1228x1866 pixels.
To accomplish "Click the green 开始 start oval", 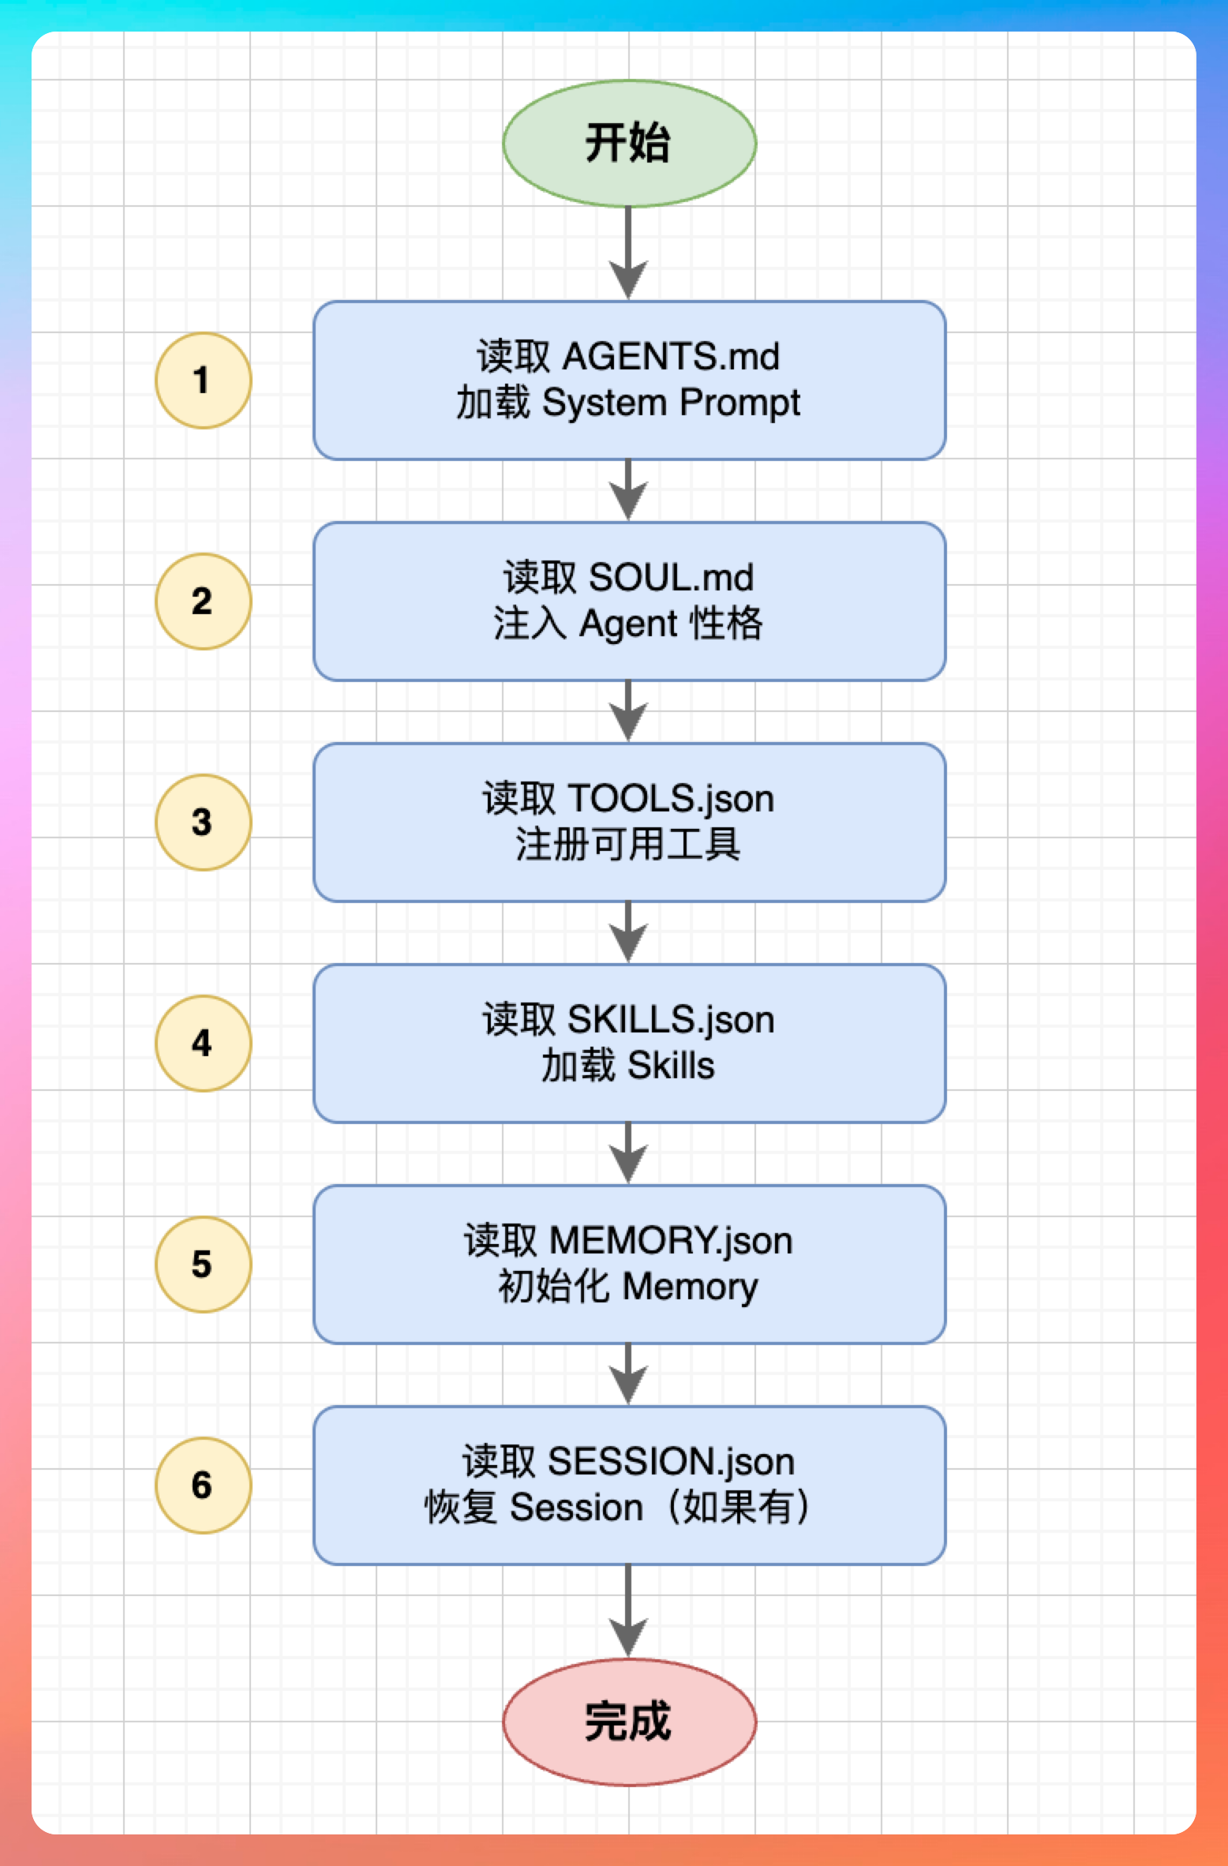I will [x=629, y=144].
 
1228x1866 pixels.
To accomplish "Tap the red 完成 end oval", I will [x=629, y=1722].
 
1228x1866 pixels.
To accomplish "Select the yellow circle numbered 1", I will [x=203, y=380].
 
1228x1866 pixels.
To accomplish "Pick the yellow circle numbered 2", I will [x=203, y=601].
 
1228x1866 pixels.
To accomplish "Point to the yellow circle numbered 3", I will [x=203, y=822].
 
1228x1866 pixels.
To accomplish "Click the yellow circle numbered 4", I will [x=203, y=1044].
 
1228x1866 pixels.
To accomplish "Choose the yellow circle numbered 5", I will [x=203, y=1265].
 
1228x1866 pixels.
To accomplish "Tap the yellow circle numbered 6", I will [x=203, y=1486].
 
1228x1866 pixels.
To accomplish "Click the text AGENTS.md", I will [x=670, y=357].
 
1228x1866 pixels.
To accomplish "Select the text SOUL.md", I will [x=671, y=578].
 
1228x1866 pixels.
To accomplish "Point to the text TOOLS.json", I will [x=670, y=799].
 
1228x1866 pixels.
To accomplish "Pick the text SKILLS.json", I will [x=670, y=1020].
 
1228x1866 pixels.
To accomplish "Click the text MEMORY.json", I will [x=670, y=1241].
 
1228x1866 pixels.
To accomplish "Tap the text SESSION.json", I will [x=670, y=1462].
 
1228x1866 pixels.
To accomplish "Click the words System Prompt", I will [x=671, y=403].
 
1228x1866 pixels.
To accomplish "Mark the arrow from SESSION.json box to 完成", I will [x=628, y=1610].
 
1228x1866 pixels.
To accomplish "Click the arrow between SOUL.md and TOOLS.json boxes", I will [x=628, y=711].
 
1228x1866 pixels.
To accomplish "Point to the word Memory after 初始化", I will [x=690, y=1287].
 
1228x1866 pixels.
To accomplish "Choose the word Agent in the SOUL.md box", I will [x=628, y=624].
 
